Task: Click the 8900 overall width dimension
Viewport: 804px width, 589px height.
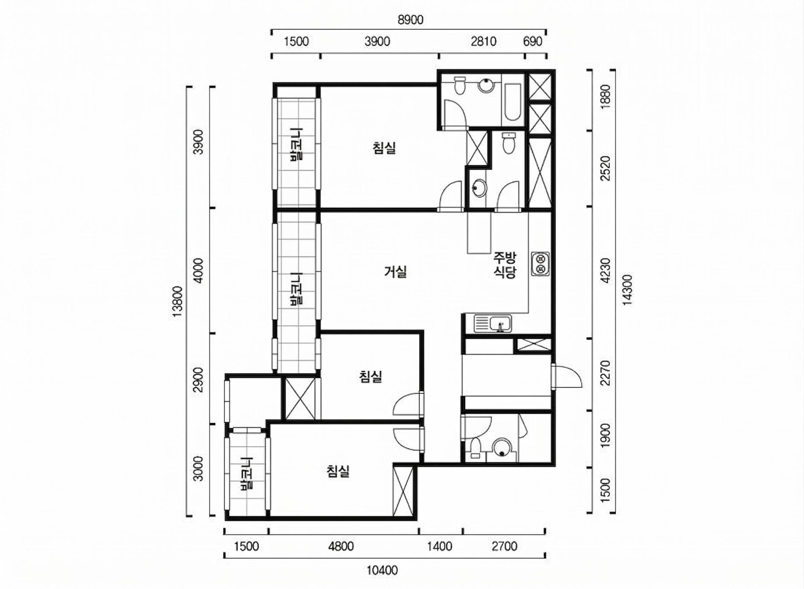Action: pyautogui.click(x=410, y=20)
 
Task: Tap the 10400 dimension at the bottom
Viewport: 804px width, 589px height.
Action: pyautogui.click(x=382, y=571)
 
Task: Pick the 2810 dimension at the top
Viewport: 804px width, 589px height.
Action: pyautogui.click(x=483, y=42)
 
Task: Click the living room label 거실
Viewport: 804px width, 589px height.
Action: pyautogui.click(x=396, y=272)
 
